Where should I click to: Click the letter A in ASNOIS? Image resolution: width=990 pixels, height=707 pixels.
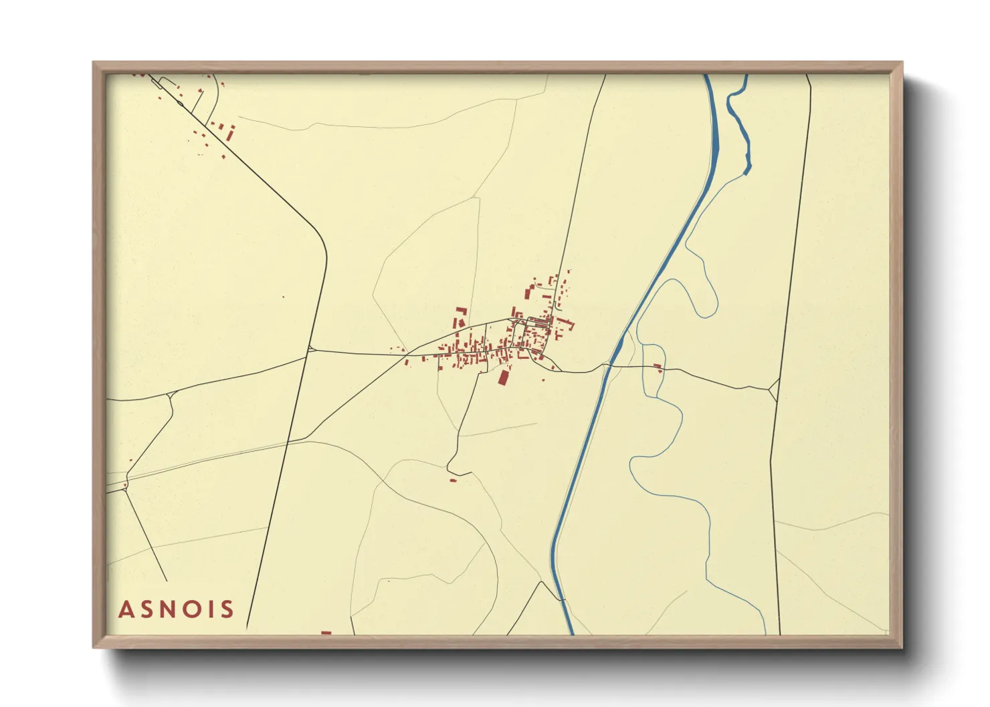[x=125, y=609]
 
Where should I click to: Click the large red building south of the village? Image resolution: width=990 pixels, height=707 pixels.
[x=504, y=378]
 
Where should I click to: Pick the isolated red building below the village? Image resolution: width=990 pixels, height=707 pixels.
[x=453, y=480]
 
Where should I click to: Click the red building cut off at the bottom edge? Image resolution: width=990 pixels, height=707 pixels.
[x=326, y=632]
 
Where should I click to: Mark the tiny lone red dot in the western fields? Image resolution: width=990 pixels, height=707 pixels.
[x=283, y=297]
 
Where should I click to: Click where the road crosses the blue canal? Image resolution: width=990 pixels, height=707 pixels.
[x=606, y=366]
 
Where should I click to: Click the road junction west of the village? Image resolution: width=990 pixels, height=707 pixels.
[x=311, y=348]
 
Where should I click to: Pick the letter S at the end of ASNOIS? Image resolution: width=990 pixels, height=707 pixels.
[x=228, y=609]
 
